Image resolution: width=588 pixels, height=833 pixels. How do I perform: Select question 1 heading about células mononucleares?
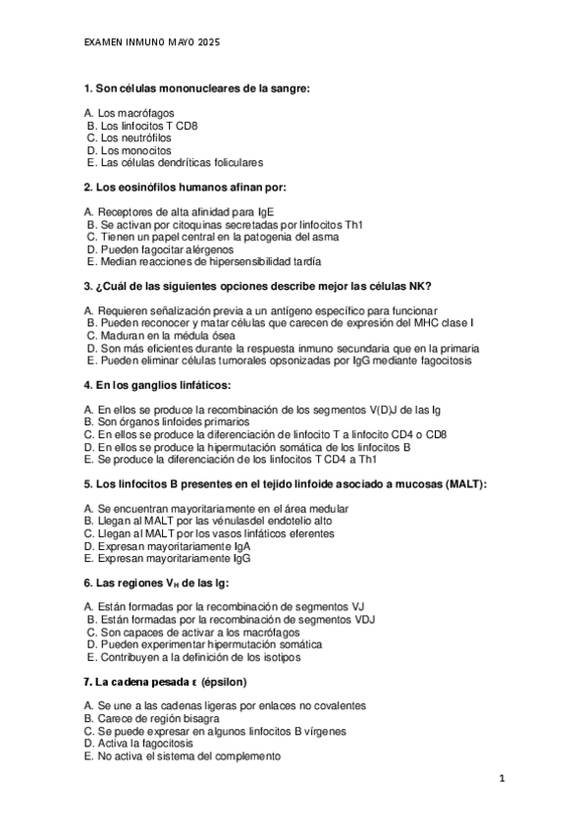[196, 89]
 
